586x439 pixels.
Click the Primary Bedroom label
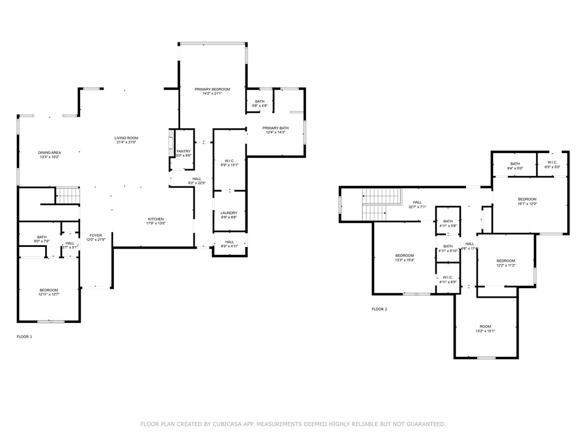[212, 90]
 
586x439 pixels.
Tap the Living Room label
[126, 138]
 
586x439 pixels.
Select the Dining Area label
[50, 153]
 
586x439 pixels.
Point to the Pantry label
[183, 151]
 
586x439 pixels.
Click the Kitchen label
[156, 219]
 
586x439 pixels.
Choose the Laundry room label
[229, 213]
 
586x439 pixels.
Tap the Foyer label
[95, 236]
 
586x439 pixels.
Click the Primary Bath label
[275, 128]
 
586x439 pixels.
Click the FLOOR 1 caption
[25, 337]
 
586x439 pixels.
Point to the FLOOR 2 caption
[379, 309]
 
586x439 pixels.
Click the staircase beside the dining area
[68, 195]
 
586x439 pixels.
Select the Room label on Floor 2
[485, 326]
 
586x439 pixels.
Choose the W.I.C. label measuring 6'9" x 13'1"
[229, 162]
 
